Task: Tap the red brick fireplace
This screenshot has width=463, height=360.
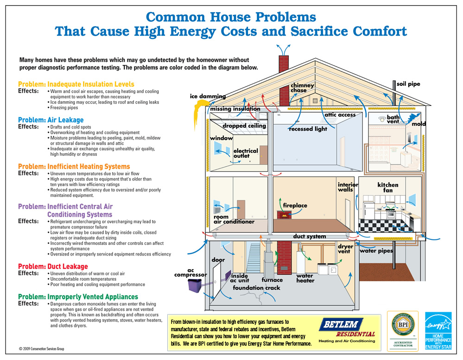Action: coord(282,215)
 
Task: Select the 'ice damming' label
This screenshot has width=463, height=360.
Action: coord(208,96)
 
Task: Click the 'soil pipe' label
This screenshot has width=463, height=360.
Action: coord(408,84)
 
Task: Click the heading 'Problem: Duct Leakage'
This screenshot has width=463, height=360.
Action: coord(53,266)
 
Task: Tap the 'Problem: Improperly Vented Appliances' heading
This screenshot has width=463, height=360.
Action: coord(78,296)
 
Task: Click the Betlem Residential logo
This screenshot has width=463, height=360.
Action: coord(348,330)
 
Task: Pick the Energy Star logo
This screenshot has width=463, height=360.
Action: coord(438,331)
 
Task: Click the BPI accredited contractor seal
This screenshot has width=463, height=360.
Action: coord(402,330)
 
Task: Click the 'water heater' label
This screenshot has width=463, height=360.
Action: coord(305,278)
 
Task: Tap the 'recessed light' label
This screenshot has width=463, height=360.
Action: coord(308,129)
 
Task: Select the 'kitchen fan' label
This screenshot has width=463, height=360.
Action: coord(388,188)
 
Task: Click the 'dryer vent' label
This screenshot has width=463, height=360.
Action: coord(345,249)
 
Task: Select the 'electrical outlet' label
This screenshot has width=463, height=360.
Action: coord(246,154)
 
